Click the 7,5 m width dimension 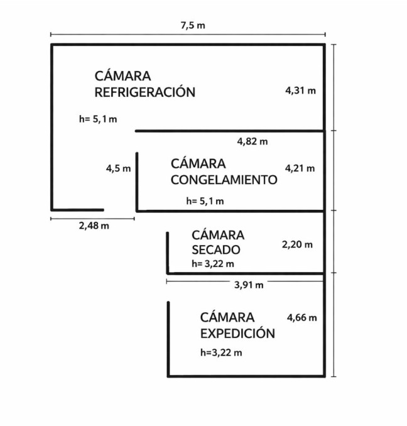193,26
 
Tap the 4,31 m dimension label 301,90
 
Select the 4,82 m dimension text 252,141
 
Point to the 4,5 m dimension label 118,168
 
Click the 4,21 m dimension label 300,168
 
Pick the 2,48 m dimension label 94,226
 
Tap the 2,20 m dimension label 297,244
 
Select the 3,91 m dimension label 249,285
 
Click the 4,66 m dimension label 302,317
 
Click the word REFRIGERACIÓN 145,92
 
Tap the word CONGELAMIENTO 224,180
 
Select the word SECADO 216,250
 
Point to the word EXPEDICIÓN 237,334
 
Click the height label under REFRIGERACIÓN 98,119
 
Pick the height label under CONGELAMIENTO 205,201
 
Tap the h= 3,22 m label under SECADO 213,264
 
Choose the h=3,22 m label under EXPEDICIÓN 221,352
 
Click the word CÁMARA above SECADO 218,235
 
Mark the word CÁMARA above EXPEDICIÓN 227,317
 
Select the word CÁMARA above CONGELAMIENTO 198,163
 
